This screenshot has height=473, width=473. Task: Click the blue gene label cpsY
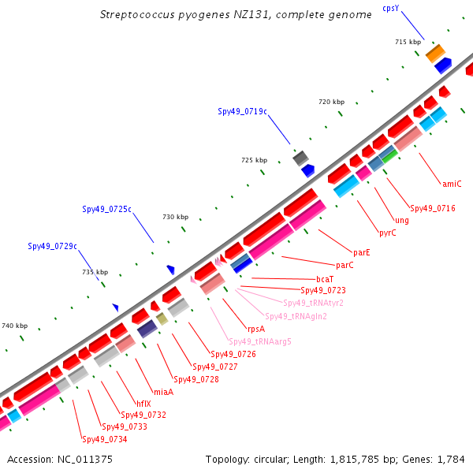point(391,9)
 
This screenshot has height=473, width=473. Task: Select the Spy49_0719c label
point(242,112)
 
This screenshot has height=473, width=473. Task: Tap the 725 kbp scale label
point(255,160)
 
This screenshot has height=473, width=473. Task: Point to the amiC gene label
point(452,184)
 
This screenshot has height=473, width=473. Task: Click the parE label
point(361,252)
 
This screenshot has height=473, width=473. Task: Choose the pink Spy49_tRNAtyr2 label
point(313,303)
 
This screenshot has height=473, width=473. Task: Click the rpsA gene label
point(256,329)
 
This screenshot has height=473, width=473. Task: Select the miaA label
point(163,392)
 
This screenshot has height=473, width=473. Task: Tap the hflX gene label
point(143,404)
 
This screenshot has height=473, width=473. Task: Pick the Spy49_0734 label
point(104,439)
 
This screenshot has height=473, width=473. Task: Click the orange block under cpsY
point(435,53)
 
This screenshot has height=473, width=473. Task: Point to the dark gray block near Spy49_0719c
point(301,158)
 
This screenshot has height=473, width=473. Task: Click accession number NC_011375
point(85,460)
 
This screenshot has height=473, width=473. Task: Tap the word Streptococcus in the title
point(137,14)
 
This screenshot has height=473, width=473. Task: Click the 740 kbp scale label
point(15,326)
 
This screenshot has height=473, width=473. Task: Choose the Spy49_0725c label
point(106,209)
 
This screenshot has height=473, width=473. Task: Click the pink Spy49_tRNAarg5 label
point(260,342)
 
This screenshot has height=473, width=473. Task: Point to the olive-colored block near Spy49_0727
point(162,318)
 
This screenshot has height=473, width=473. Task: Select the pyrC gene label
point(388,233)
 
